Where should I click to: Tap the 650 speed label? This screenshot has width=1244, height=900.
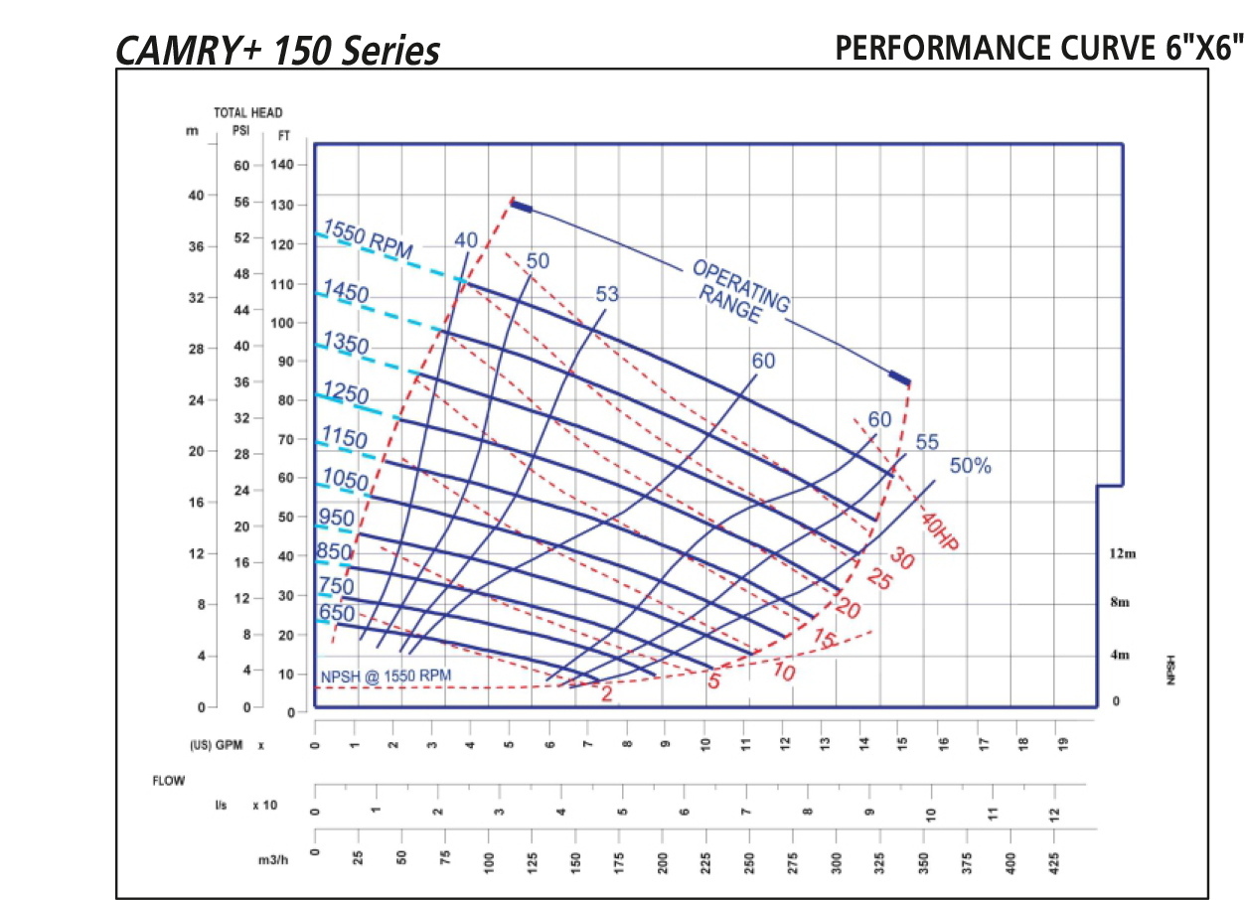click(337, 613)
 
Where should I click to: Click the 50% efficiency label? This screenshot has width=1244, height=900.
click(970, 466)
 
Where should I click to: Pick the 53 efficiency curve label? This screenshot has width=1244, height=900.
click(607, 294)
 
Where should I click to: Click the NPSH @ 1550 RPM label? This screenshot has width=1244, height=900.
click(386, 676)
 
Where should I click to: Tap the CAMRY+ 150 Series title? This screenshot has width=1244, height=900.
click(278, 51)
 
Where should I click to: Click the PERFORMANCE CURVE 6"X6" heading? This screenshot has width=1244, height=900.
click(1038, 48)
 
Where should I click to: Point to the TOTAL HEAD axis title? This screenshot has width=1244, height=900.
click(248, 113)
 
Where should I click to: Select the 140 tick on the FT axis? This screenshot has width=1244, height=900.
click(282, 165)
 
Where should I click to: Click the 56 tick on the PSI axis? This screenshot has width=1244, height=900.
click(241, 201)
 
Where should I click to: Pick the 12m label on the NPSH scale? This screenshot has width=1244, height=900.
click(1123, 553)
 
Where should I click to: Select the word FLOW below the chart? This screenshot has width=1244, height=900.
click(168, 781)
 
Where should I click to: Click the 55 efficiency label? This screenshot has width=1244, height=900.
click(926, 442)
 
